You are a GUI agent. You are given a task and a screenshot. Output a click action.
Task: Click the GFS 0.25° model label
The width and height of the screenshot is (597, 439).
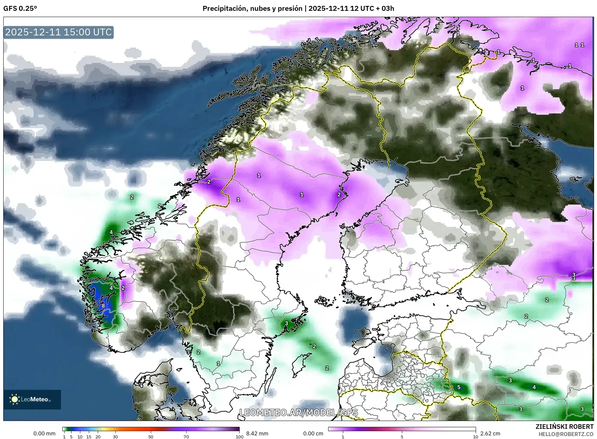point(20,9)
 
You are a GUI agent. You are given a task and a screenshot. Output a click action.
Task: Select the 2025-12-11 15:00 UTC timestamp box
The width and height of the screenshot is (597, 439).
point(59,32)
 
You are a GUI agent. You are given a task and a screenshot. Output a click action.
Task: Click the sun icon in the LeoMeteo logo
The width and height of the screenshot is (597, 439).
point(14,399)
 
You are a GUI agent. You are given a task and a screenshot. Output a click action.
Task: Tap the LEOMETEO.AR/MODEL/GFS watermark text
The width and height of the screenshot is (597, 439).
point(298,412)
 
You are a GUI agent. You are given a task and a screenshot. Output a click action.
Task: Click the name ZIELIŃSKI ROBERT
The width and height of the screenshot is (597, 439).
point(564,427)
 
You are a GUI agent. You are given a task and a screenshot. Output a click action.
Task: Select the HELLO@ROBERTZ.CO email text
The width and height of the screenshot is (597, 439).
point(566,434)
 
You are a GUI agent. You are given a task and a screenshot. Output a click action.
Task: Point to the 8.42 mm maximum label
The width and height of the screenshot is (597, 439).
point(257,433)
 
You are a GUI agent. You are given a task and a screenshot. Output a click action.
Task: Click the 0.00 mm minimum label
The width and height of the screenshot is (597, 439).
point(44,433)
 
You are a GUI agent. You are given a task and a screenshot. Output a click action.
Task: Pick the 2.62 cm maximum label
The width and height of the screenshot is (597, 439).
point(490,433)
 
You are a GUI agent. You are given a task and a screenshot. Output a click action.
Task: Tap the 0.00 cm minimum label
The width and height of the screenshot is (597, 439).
point(313,433)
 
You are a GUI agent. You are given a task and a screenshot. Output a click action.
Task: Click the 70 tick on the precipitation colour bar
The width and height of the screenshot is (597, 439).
point(186,436)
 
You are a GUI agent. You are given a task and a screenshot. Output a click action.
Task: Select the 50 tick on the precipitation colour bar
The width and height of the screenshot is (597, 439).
point(151,436)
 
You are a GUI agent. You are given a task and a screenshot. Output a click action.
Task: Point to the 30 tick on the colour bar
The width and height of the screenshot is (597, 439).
point(115,436)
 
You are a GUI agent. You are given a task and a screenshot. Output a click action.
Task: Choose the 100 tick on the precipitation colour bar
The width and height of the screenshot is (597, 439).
point(240,436)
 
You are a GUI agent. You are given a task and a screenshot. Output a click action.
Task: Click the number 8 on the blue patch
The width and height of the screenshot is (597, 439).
point(103,306)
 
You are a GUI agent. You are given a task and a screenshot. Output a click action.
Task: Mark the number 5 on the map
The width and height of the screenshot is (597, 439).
point(459,387)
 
